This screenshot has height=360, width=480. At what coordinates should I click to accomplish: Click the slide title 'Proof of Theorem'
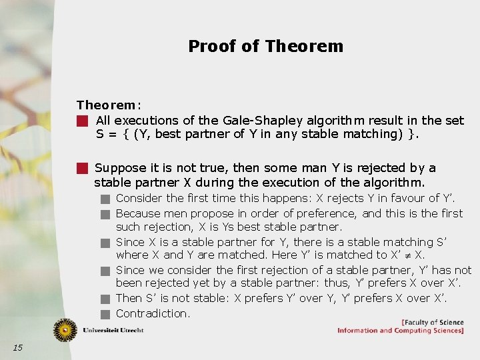point(265,46)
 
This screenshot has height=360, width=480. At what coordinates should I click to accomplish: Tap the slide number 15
point(17,347)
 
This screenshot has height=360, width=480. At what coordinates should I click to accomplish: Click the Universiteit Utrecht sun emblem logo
point(65,330)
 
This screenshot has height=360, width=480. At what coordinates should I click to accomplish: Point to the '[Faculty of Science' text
point(432,323)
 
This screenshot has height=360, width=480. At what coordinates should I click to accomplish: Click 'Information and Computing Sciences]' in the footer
point(400,331)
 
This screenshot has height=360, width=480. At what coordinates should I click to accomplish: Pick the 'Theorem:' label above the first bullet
point(108,105)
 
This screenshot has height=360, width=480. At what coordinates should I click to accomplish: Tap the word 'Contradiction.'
point(153,313)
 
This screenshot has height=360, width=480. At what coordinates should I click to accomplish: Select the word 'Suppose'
point(117,168)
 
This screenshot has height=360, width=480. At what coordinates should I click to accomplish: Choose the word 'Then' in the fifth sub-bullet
point(129,298)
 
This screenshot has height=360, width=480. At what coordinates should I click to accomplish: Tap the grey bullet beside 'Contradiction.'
point(105,314)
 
